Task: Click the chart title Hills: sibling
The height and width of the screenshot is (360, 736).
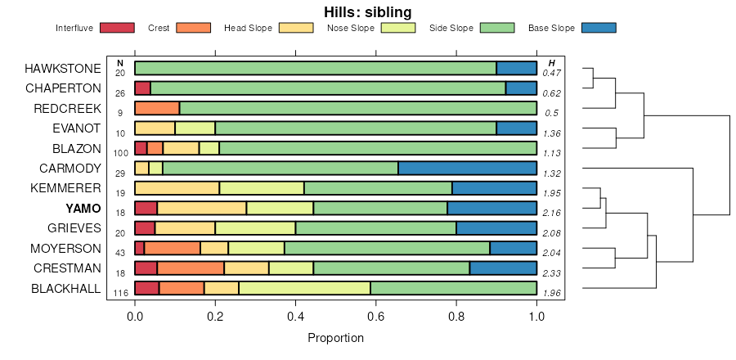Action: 367,11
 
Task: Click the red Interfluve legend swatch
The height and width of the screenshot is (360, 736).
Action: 116,29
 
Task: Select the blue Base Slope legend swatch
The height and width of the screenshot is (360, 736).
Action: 598,29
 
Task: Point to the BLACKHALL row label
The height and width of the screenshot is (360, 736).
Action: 65,288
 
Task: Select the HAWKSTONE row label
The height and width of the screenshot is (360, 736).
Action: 63,68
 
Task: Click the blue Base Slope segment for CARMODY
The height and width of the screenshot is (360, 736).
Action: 467,169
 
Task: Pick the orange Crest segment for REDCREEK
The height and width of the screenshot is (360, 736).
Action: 157,108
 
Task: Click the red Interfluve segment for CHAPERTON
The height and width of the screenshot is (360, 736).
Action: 142,88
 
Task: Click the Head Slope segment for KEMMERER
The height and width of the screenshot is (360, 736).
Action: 177,188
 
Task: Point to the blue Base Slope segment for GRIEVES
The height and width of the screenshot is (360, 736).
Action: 496,228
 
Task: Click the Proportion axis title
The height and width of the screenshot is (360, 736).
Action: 335,337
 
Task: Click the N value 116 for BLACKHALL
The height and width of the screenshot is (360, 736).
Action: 119,293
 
